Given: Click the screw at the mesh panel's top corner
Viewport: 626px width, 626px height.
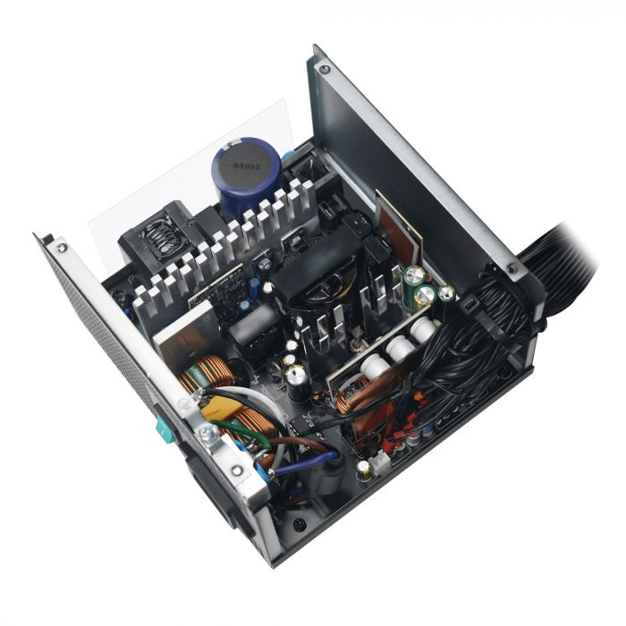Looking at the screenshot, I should pyautogui.click(x=62, y=243).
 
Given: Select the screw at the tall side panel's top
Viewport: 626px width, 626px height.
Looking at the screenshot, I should pyautogui.click(x=322, y=70).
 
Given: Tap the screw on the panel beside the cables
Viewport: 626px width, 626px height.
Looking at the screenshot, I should pyautogui.click(x=511, y=266).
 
